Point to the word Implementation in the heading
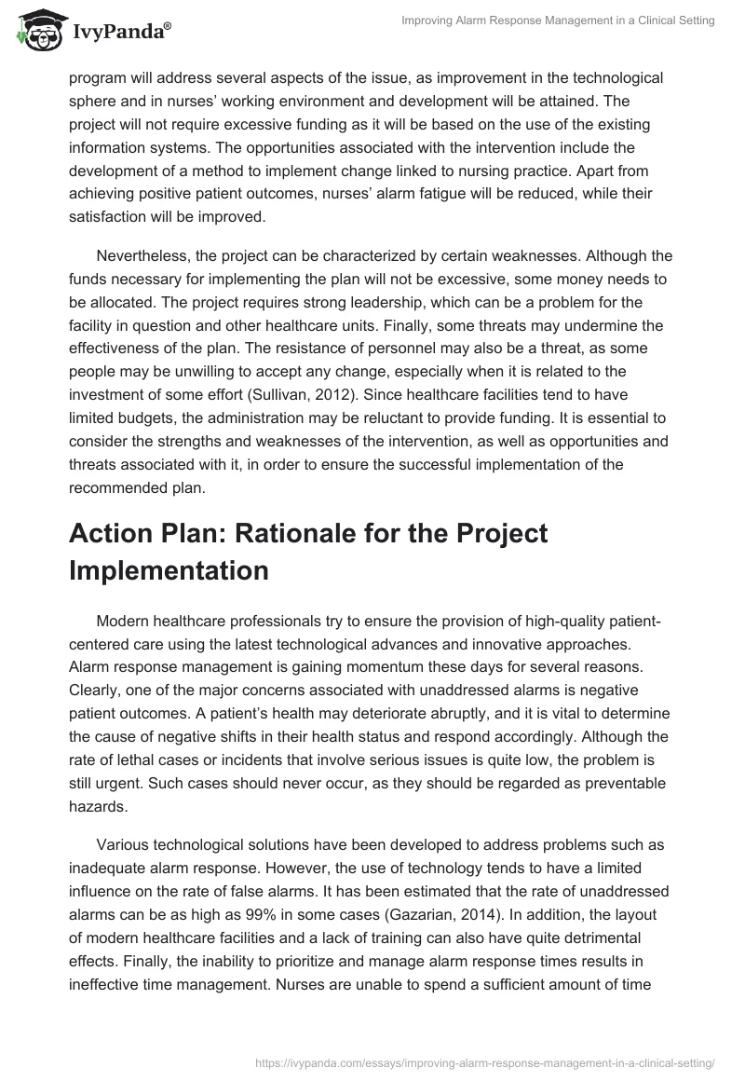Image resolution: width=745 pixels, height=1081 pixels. pos(169,570)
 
